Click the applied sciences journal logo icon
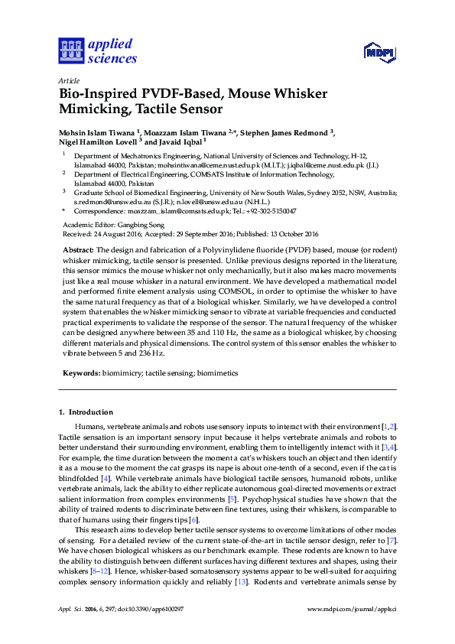70,50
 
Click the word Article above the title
68,80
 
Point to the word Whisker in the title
298,94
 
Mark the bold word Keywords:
81,372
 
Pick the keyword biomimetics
218,372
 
